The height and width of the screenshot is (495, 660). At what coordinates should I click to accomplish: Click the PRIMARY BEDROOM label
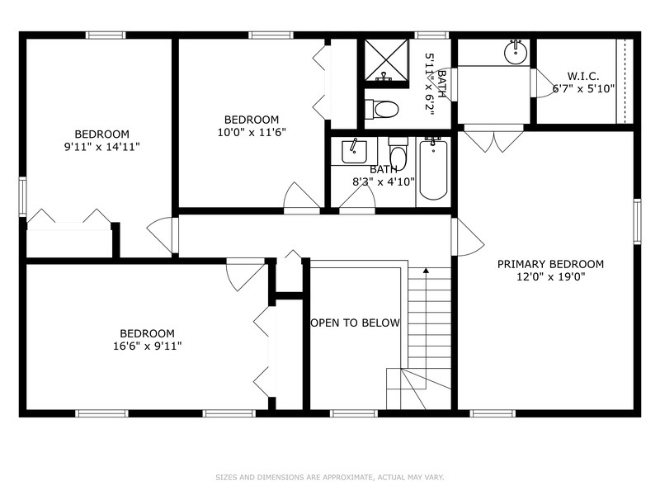tap(549, 264)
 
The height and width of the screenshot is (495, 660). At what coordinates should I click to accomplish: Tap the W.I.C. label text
tap(583, 75)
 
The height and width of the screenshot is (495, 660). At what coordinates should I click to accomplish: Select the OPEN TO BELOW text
tap(355, 323)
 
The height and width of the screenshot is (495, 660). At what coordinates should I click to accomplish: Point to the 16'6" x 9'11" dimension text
tap(147, 346)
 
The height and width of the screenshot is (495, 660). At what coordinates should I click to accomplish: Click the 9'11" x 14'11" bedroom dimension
tap(102, 147)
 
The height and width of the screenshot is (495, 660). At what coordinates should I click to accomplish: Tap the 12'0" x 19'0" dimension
tap(549, 277)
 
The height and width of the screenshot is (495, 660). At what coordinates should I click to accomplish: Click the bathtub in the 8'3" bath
tap(433, 170)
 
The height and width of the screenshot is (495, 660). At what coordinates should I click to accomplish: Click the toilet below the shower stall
tap(384, 108)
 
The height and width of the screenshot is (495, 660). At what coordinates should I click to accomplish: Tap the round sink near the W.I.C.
tap(516, 53)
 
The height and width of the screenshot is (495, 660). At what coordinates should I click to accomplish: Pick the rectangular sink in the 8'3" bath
tap(354, 151)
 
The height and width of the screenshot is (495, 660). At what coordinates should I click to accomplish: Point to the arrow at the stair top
tap(426, 269)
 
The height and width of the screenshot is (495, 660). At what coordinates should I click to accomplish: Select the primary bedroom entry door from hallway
tap(467, 237)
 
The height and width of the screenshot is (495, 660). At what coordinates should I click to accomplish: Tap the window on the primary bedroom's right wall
tap(637, 221)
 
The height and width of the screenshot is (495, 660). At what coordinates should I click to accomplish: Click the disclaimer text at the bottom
tap(330, 476)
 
